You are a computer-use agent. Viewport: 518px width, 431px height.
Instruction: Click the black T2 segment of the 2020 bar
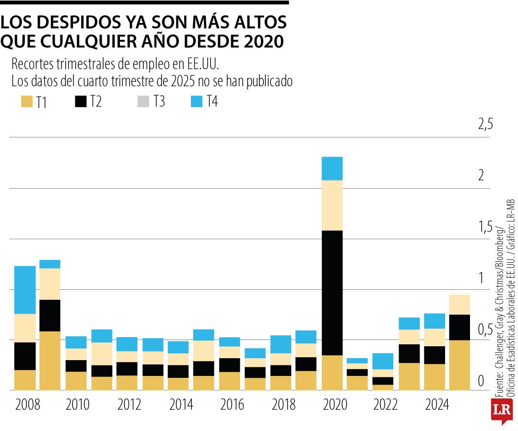(x=332, y=293)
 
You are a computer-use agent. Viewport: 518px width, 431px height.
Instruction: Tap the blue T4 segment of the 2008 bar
(x=25, y=290)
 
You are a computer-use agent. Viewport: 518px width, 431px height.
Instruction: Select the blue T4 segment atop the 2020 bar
(x=332, y=168)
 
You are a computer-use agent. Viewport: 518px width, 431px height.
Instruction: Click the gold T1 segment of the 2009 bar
(x=50, y=361)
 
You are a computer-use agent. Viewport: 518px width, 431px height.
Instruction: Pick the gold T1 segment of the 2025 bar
(x=459, y=365)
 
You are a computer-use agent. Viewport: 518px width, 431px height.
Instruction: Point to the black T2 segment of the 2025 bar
(x=459, y=327)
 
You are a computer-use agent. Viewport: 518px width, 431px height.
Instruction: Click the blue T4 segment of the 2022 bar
(x=383, y=361)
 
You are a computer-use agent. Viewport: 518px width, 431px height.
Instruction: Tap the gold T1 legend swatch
(x=26, y=102)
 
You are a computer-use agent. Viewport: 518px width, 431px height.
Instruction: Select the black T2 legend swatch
(x=81, y=102)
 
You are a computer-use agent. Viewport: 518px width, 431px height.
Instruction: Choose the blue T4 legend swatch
(x=196, y=102)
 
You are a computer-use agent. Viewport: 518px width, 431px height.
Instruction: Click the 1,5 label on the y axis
(x=485, y=227)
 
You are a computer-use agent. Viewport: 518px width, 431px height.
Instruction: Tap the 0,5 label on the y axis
(x=485, y=330)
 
